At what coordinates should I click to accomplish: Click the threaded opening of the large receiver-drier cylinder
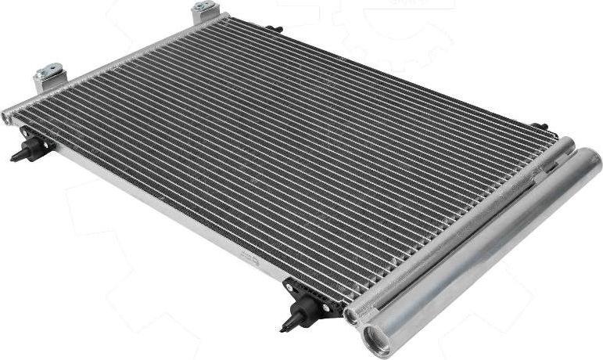tap(377, 339)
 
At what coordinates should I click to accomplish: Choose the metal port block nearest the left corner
tap(49, 77)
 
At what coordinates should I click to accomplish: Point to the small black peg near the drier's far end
tap(540, 126)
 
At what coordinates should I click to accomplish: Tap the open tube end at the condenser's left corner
tap(6, 117)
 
